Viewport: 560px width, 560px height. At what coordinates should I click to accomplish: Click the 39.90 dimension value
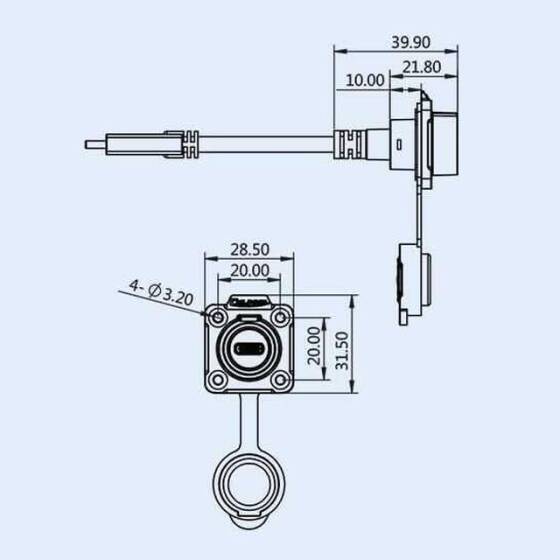click(x=412, y=43)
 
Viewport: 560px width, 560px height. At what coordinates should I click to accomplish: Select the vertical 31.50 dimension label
click(x=341, y=348)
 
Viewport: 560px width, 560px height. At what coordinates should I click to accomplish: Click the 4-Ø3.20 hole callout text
click(x=160, y=293)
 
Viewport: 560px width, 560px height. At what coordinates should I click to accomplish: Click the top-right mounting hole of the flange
click(x=280, y=317)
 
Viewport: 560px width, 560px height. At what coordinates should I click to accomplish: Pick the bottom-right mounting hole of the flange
click(x=280, y=379)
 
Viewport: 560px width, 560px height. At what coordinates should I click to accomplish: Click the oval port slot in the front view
click(x=247, y=348)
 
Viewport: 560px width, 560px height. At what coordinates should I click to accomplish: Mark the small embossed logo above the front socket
click(x=247, y=301)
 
